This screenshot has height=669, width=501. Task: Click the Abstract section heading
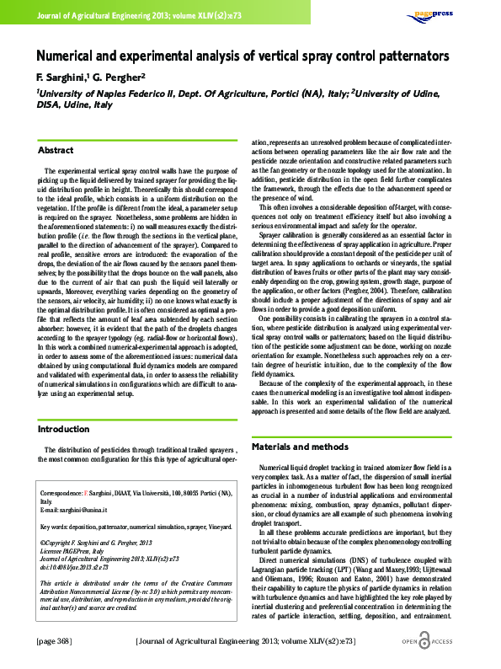(56, 150)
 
